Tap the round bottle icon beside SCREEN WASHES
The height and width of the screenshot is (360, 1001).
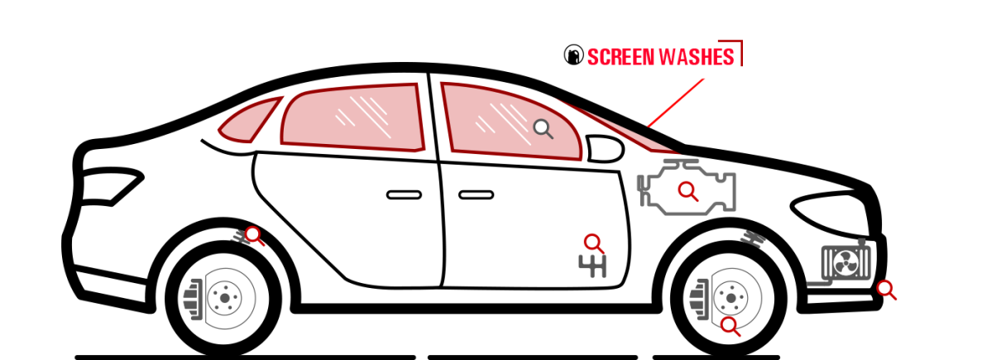point(574,55)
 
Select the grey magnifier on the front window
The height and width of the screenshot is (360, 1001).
point(544,129)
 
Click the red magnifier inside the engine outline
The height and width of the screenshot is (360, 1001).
point(688,191)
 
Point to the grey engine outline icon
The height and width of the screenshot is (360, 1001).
point(687,187)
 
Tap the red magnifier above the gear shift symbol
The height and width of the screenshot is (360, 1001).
point(594,244)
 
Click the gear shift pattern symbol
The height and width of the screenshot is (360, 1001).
point(592,266)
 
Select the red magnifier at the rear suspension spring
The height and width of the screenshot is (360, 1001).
point(254,236)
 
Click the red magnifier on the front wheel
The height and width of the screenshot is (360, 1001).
point(730,326)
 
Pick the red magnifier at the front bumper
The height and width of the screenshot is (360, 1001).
point(886,290)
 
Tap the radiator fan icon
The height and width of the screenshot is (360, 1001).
point(846,263)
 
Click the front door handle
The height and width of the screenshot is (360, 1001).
point(477,195)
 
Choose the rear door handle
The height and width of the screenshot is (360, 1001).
point(404,195)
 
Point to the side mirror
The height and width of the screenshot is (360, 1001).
point(605,148)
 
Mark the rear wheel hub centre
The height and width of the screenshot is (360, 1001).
point(225,298)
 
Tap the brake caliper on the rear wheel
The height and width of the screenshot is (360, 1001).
point(193,300)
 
